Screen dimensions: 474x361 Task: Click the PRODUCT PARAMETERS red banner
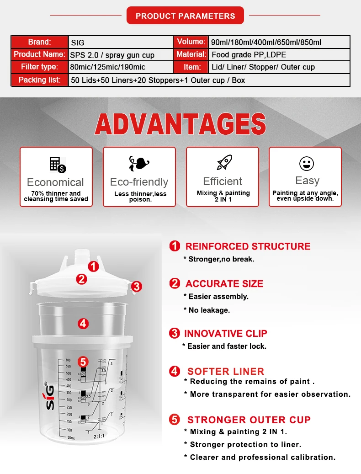pos(185,16)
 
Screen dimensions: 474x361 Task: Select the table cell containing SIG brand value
pos(121,43)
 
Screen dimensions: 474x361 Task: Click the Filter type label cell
pos(39,67)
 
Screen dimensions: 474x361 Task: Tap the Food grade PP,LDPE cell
pos(279,55)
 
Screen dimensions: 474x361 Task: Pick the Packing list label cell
pos(39,80)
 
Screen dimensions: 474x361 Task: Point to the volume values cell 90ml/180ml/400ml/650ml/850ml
pos(279,43)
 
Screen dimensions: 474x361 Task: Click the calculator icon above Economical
pos(57,164)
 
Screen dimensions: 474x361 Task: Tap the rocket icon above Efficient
pos(223,163)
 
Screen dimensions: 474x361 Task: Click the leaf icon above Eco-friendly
pos(139,163)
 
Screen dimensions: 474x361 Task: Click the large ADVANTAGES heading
pos(180,124)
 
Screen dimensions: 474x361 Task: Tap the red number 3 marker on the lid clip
pos(136,287)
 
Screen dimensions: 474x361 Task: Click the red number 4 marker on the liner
pos(83,324)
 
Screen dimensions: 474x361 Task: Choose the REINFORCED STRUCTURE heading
pos(248,246)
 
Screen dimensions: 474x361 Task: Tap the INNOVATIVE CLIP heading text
pos(226,333)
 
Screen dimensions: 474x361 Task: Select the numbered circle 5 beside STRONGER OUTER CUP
pos(175,420)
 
